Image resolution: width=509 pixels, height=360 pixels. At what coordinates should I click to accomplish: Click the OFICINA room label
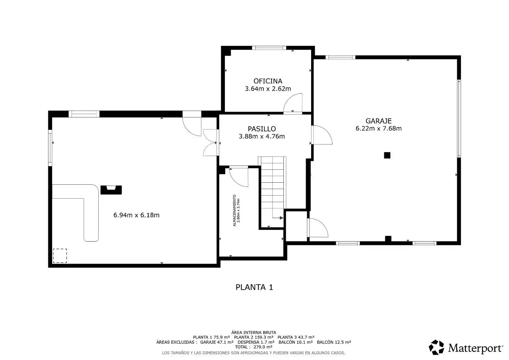[x=268, y=81]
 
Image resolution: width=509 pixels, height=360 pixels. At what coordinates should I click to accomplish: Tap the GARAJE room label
[x=378, y=121]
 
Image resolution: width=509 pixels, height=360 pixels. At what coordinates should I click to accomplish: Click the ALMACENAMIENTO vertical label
[x=234, y=210]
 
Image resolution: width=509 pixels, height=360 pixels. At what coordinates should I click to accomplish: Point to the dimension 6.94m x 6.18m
[x=136, y=215]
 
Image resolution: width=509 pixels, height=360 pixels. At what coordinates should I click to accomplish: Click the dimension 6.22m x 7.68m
[x=378, y=128]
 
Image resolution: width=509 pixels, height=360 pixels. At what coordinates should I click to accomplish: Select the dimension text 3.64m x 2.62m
[x=268, y=89]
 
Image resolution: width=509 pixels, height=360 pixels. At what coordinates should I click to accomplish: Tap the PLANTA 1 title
[x=254, y=287]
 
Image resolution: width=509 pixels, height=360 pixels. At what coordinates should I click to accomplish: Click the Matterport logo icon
[x=436, y=347]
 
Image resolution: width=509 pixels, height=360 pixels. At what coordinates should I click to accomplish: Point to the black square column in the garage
[x=387, y=155]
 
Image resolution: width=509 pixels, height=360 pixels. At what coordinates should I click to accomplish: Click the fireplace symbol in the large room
[x=111, y=190]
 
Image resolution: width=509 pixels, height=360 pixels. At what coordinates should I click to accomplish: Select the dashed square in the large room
[x=60, y=256]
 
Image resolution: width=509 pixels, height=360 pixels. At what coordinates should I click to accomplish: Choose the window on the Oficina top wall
[x=269, y=48]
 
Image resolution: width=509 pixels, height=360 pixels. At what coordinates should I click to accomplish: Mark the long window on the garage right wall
[x=459, y=118]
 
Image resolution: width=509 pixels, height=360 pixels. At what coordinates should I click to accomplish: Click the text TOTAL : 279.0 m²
[x=254, y=347]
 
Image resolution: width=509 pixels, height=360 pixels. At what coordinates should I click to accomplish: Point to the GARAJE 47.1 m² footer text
[x=217, y=342]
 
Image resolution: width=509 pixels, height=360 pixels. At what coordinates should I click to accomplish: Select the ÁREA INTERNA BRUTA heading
[x=254, y=332]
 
